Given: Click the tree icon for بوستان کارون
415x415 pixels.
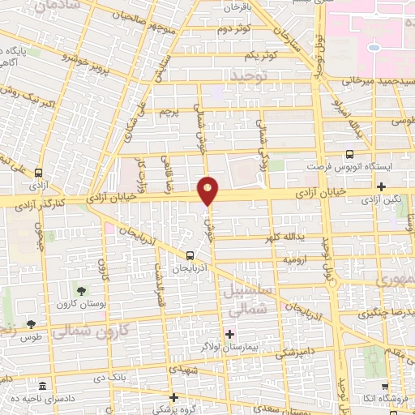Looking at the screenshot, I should coord(80,289).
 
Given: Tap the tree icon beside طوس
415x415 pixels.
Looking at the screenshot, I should coord(31,324).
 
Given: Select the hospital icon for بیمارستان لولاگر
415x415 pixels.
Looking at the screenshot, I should coord(230,334).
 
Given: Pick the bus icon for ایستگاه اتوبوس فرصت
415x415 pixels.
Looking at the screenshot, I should coord(349,153).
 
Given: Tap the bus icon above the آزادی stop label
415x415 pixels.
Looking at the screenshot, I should coord(37,173).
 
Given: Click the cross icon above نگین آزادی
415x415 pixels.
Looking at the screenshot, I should coord(380,186).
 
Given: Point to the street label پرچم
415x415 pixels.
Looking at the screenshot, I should coord(166,110).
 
